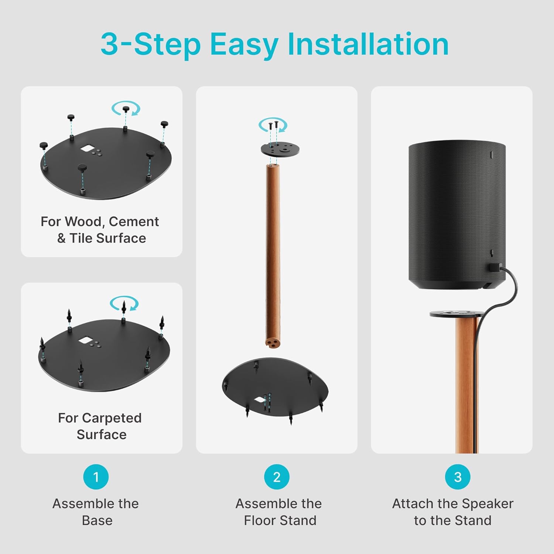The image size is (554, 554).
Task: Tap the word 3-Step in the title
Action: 150,44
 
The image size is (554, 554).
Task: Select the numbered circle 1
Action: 96,477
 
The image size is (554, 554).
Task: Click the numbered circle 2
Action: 277,477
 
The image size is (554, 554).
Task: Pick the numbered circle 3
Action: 458,477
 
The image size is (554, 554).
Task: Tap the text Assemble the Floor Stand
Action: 279,512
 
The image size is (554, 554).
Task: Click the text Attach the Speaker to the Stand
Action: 452,512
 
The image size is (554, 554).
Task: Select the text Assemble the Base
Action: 96,512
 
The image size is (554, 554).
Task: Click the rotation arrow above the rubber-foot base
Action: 126,108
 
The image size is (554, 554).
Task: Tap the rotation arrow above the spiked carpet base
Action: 124,304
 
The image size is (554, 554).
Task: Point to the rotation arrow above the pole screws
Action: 273,125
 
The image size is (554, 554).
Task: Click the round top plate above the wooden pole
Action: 280,150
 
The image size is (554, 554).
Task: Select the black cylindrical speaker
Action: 457,214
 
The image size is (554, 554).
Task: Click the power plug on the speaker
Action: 494,268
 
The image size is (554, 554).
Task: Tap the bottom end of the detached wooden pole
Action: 273,342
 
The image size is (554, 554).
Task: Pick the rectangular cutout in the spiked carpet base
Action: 85,340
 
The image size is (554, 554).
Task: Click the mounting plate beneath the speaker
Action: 456,314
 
